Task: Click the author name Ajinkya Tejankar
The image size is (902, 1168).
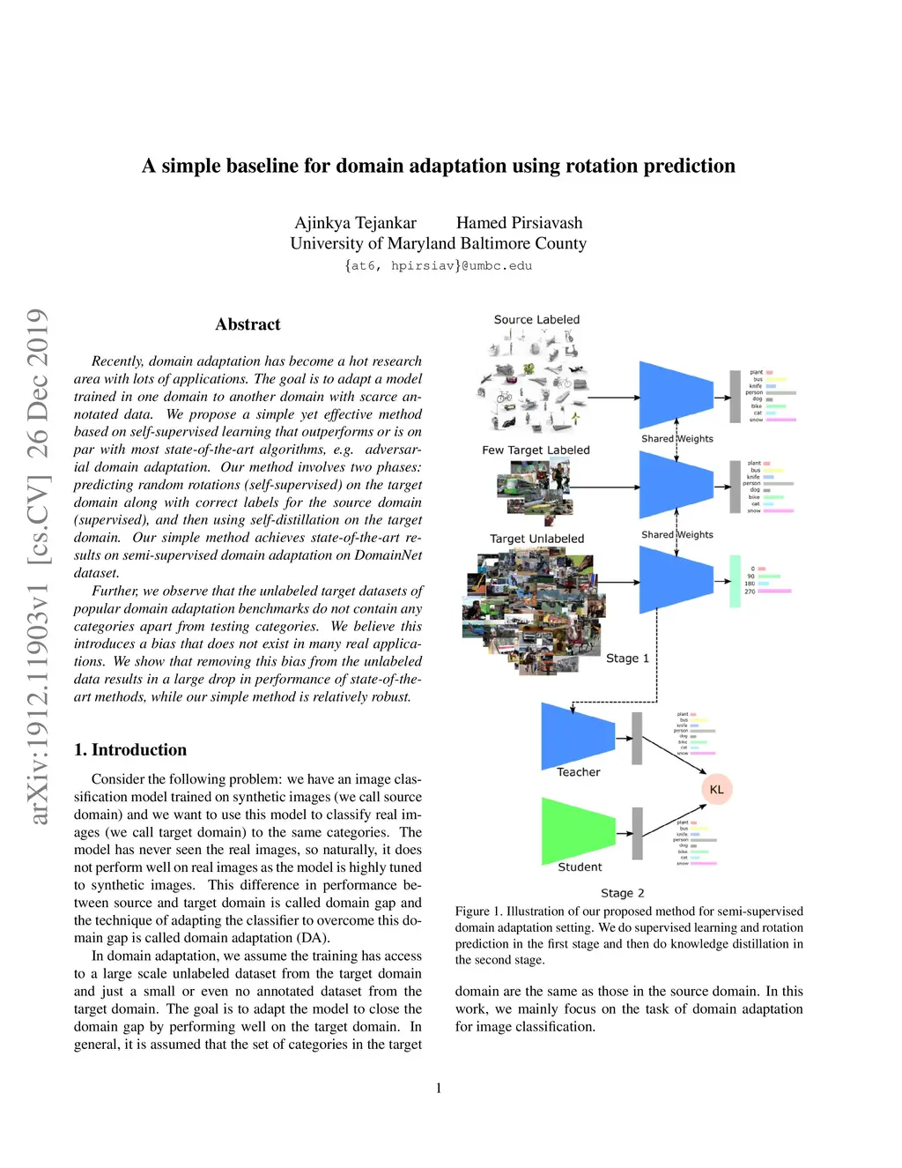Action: point(355,223)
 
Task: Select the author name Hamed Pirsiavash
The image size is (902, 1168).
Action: point(519,223)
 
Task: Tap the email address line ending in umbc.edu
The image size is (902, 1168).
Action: point(438,265)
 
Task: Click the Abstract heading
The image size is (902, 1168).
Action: point(248,324)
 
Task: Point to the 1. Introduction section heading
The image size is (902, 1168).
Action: point(130,750)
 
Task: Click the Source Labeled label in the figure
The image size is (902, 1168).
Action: point(536,320)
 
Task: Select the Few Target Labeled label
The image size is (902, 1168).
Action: point(536,450)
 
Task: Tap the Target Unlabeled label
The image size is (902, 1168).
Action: point(536,539)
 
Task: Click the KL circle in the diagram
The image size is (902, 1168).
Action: point(716,789)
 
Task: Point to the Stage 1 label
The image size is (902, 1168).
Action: point(627,658)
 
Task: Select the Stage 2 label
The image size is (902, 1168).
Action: point(623,893)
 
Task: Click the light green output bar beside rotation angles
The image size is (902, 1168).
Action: point(735,581)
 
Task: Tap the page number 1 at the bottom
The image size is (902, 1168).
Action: point(439,1088)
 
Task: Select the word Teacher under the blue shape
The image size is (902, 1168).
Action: point(578,772)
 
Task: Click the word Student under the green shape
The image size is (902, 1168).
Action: point(580,867)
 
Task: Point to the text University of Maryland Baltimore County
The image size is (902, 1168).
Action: point(438,243)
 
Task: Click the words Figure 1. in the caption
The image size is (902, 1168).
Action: point(478,911)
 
